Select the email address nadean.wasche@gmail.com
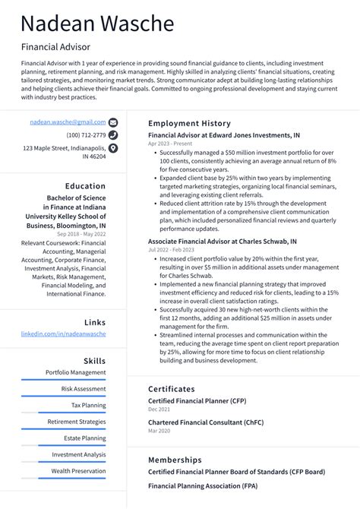tap(68, 122)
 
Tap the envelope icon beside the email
tap(113, 122)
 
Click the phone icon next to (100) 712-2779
tap(113, 135)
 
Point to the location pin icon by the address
tap(113, 149)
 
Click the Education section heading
tap(85, 185)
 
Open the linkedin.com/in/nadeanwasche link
tap(63, 334)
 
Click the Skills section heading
tap(95, 361)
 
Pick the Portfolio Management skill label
tap(75, 372)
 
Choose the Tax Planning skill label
tap(88, 405)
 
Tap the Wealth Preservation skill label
tap(78, 471)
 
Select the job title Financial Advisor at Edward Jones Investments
tap(223, 134)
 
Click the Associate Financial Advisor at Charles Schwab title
tap(222, 241)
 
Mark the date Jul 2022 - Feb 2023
tap(171, 250)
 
